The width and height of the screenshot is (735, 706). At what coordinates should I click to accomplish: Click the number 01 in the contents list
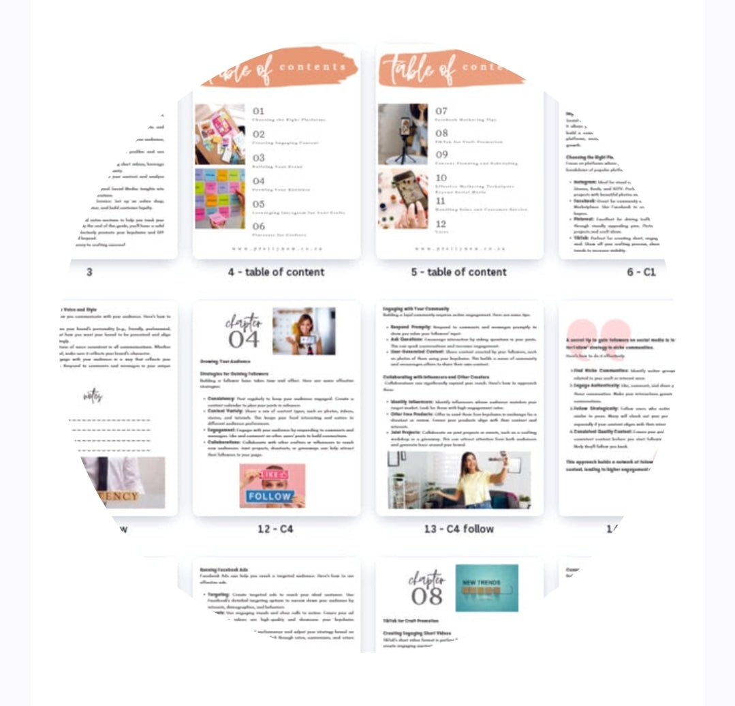(259, 111)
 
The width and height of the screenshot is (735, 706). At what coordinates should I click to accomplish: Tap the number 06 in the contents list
(259, 226)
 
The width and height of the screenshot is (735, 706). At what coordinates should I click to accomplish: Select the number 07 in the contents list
(441, 111)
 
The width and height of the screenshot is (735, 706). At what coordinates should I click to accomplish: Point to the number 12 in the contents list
(441, 224)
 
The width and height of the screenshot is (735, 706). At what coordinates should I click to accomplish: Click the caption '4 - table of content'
(276, 272)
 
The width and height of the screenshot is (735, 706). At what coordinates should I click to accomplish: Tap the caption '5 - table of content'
(458, 272)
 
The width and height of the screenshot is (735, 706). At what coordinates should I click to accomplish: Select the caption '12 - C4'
(276, 529)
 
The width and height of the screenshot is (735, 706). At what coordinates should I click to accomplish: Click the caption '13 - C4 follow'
(458, 529)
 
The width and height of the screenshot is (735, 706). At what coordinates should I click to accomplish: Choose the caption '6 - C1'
(641, 272)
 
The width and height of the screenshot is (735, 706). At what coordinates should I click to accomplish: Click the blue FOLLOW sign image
(272, 486)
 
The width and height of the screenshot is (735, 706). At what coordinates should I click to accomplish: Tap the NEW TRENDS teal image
(486, 587)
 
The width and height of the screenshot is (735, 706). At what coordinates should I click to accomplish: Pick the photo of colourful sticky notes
(219, 198)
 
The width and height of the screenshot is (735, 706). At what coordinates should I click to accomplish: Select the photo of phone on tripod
(403, 134)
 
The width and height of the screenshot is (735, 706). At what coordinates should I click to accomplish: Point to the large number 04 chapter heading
(244, 338)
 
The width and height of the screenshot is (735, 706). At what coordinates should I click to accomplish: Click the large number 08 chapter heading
(427, 595)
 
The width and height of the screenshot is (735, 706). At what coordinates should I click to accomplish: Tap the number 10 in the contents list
(441, 178)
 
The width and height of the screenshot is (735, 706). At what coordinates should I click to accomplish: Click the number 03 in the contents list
(259, 157)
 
